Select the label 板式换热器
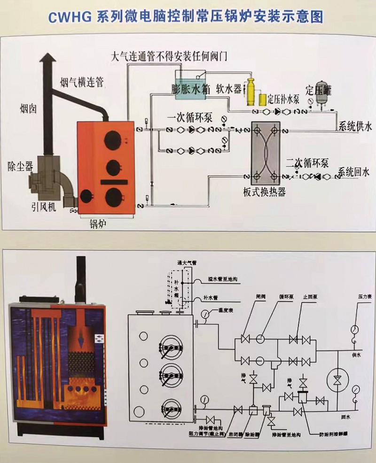point(265,192)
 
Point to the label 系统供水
point(354,126)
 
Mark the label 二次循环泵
point(307,163)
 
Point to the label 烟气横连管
point(82,83)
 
